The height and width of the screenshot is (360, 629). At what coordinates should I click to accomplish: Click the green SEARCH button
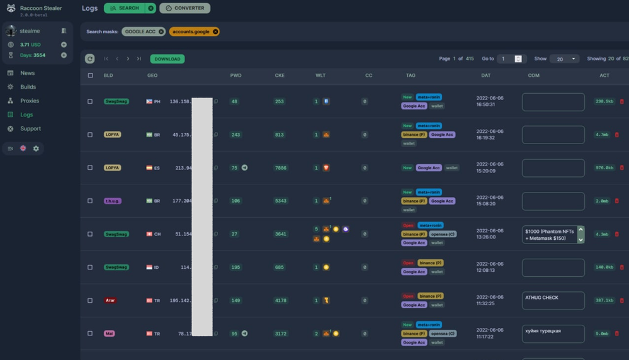(124, 8)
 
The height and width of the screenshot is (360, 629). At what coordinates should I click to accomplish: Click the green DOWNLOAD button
(167, 59)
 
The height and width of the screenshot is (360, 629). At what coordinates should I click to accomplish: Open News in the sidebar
(27, 73)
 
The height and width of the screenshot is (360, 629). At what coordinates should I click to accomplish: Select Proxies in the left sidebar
(29, 101)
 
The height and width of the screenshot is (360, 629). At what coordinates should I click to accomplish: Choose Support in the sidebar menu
(30, 128)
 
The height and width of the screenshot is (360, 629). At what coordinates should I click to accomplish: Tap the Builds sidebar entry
(28, 87)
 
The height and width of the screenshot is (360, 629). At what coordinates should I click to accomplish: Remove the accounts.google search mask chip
(215, 31)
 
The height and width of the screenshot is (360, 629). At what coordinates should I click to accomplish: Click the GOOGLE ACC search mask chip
(140, 31)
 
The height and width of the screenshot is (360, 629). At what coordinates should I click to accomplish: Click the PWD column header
(235, 76)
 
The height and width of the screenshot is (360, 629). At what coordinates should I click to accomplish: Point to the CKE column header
(280, 76)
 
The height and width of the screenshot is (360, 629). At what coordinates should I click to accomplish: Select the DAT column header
(485, 76)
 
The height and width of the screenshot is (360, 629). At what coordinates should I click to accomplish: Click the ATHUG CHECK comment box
(553, 300)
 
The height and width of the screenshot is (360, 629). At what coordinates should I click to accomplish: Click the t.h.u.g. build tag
(113, 201)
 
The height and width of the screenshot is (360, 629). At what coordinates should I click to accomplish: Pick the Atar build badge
(110, 301)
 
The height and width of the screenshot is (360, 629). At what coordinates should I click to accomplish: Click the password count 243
(235, 135)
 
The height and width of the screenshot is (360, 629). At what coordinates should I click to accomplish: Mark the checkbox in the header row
(90, 76)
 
